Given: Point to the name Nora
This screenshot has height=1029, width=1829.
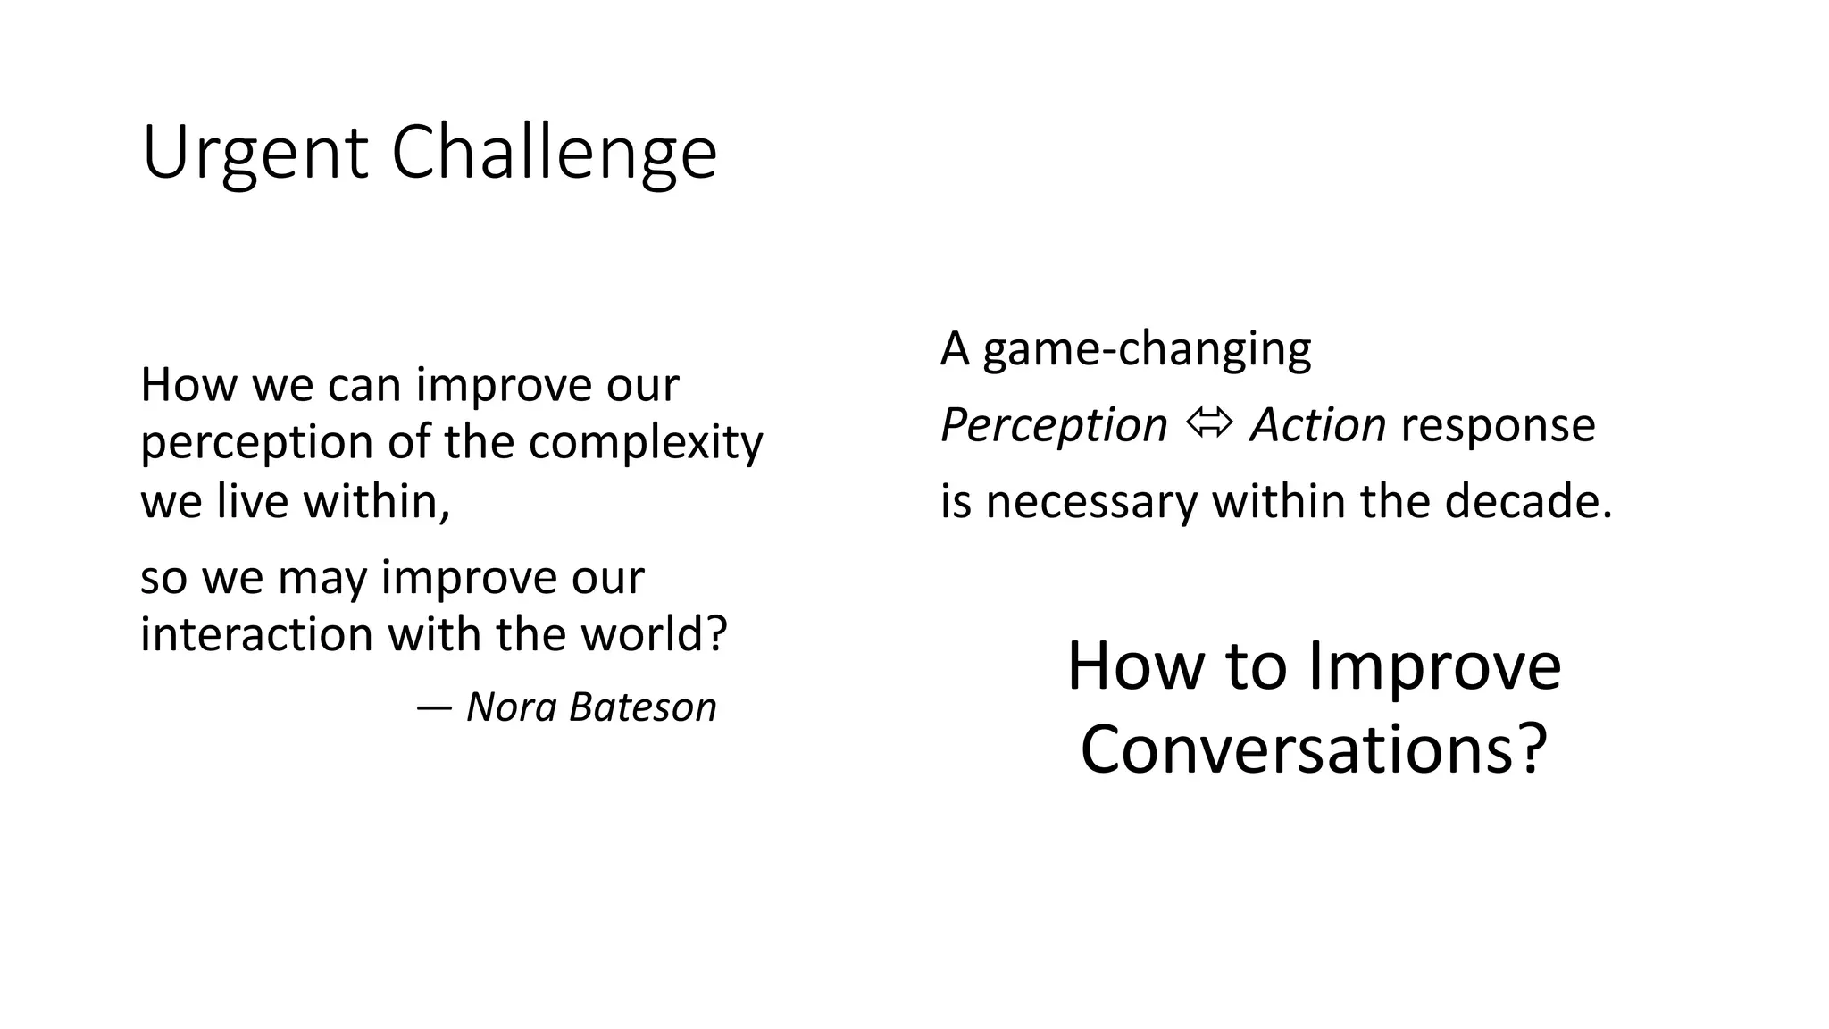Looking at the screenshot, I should [x=512, y=707].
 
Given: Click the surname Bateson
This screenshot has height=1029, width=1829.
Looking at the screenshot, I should [x=642, y=707].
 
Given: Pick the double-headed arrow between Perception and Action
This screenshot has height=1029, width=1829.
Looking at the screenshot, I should [x=1209, y=423].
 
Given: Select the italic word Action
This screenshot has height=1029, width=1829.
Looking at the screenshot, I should [x=1317, y=424].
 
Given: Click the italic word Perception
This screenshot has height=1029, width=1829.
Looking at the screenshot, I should [x=1054, y=426].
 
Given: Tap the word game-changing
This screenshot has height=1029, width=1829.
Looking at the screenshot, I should [x=1147, y=349].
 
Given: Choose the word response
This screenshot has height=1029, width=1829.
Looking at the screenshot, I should [x=1498, y=426].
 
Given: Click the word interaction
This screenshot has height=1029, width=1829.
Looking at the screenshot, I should [x=256, y=634].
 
